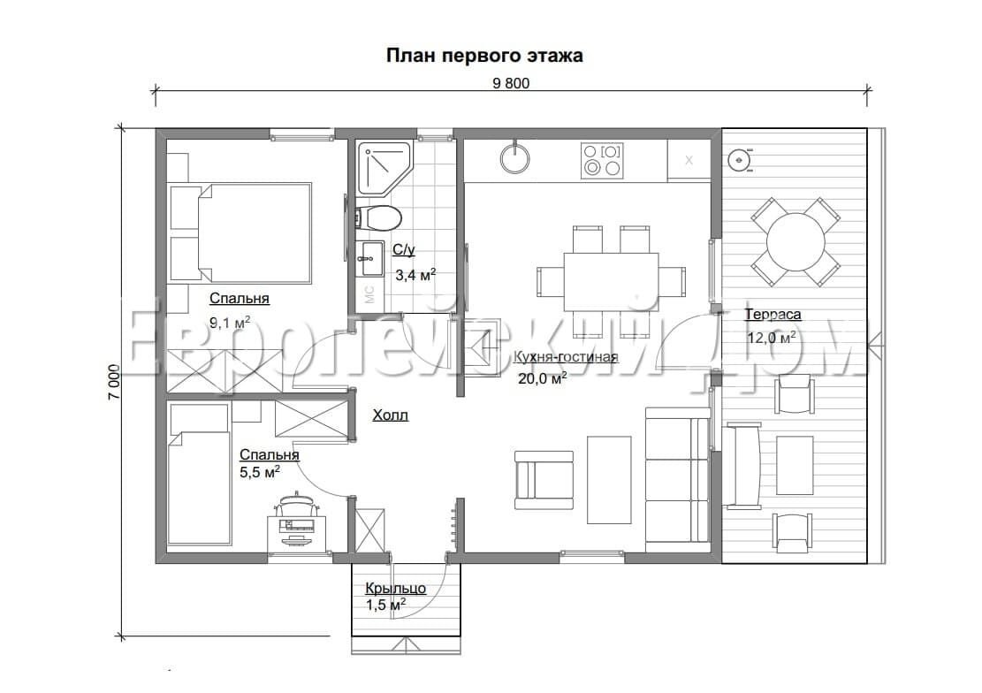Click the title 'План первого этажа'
coord(484,56)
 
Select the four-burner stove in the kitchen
coord(602,160)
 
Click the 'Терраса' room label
coord(773,314)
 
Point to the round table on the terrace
coord(795,240)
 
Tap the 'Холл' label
coord(390,415)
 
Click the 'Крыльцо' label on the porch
coord(396,588)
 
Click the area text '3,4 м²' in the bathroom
coord(415,275)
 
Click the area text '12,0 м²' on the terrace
coord(771,337)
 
